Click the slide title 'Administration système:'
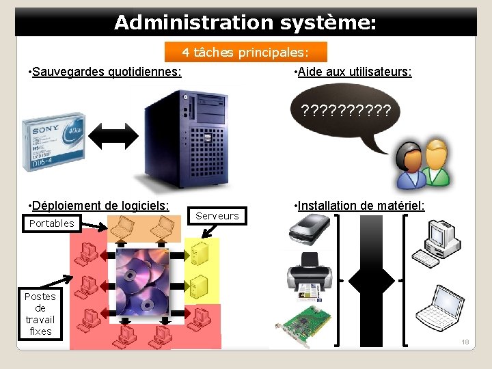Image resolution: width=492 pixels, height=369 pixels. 245,23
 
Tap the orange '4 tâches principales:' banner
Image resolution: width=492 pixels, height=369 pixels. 246,52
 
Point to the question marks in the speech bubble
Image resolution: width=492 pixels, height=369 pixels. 346,111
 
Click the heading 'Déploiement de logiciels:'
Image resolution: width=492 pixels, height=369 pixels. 98,206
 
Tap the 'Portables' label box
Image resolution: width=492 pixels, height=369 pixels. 52,223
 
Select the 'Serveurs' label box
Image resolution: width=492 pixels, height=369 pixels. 217,216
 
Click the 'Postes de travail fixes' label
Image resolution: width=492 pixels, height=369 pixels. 40,314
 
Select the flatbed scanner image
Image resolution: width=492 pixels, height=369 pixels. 311,228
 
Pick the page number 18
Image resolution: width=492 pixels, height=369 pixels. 465,342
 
